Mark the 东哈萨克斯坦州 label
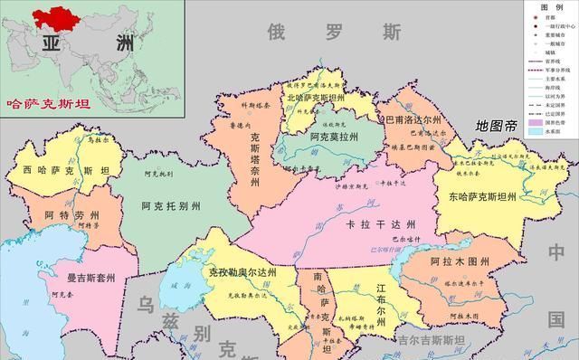pos(476,196)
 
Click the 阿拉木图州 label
pos(460,263)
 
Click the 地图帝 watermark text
pos(497,126)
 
